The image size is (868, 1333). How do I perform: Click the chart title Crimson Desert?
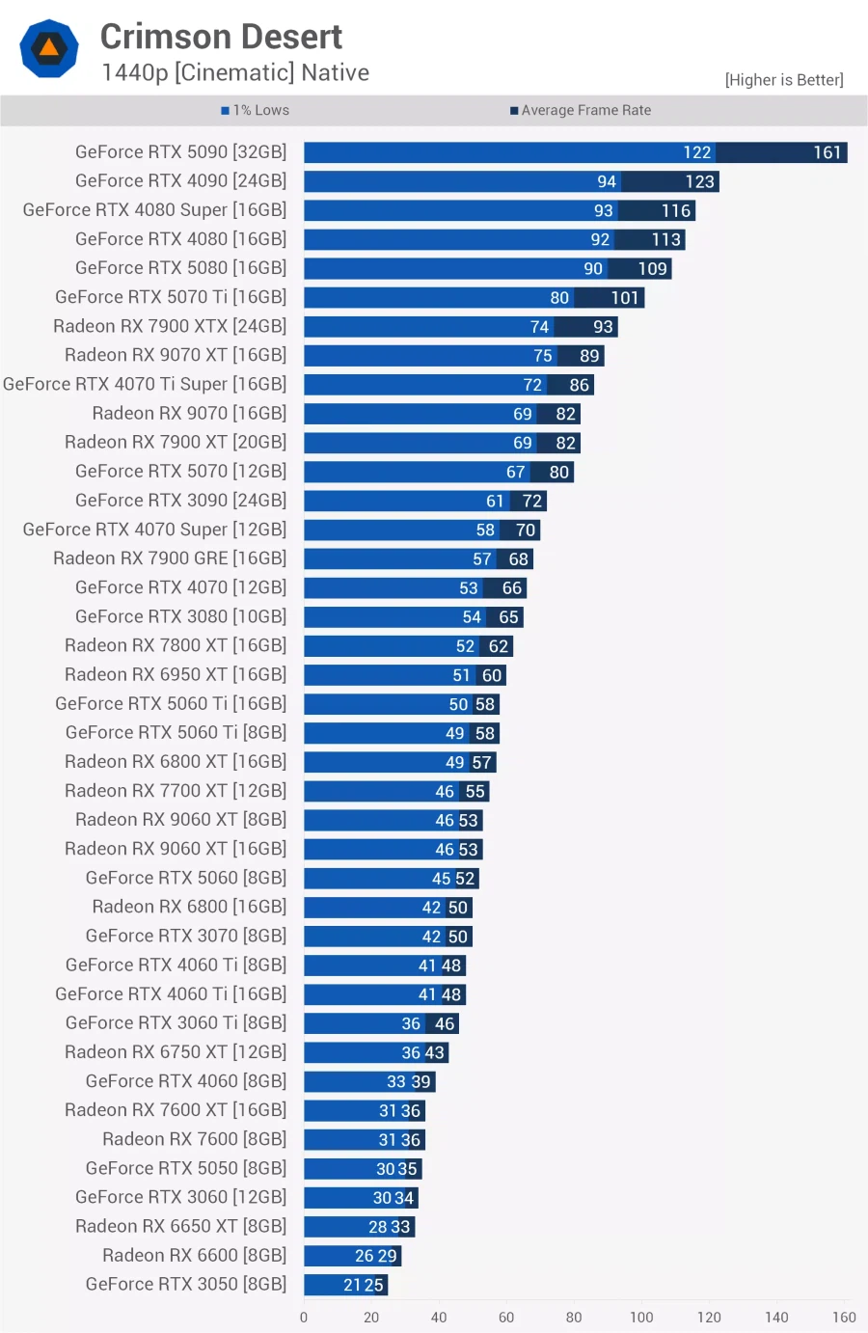221,37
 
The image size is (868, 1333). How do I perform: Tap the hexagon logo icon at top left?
49,48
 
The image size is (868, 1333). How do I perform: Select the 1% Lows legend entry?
256,110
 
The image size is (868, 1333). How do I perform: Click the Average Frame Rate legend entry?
581,110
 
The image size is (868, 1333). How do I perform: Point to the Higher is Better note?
783,80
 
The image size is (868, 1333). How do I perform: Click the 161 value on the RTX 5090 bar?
827,152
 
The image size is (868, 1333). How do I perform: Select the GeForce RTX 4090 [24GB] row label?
180,181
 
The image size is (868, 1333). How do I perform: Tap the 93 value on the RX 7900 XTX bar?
603,327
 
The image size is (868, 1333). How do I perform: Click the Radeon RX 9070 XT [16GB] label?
176,355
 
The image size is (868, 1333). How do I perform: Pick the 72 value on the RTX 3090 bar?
532,501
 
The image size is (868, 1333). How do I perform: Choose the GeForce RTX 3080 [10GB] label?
180,616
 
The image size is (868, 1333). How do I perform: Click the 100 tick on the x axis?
641,1317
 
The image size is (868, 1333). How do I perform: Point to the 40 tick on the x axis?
439,1317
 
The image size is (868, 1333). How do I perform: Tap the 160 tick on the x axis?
844,1317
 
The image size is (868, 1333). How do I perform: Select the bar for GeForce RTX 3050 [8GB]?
345,1285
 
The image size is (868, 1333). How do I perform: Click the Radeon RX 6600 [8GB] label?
194,1255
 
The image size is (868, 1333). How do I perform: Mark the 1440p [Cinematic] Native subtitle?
235,73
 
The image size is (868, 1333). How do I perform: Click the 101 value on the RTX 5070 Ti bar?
625,298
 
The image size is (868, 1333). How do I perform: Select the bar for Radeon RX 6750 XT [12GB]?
375,1052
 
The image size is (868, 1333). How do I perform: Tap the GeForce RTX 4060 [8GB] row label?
186,1081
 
